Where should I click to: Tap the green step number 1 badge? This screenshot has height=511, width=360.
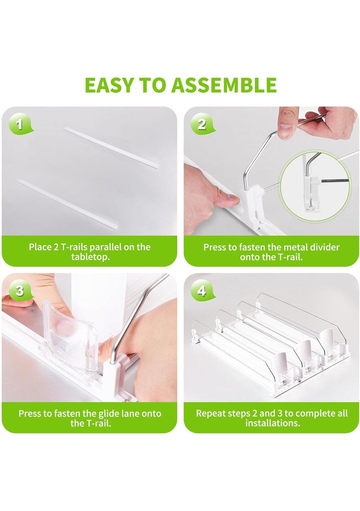(x=20, y=125)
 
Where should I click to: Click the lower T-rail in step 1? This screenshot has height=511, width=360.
(x=68, y=204)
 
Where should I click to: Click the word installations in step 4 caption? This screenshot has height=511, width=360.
(x=273, y=423)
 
